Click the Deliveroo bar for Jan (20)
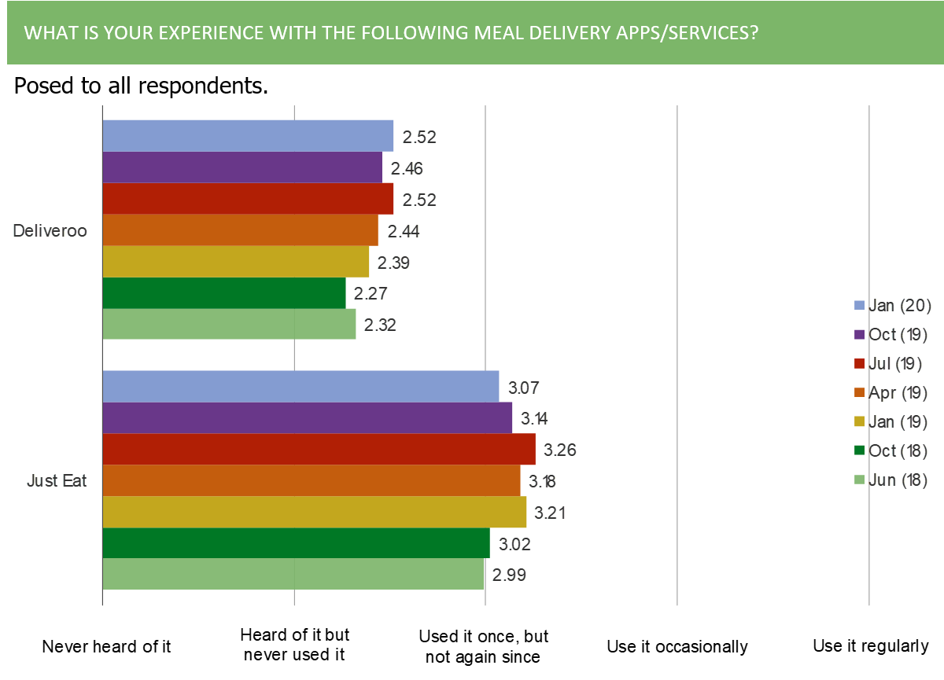pos(248,135)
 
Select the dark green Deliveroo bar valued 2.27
pos(224,293)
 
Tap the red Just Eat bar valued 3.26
pos(319,449)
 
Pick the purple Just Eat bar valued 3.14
pos(307,417)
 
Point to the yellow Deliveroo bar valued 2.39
pos(236,262)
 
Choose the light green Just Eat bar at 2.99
pos(293,574)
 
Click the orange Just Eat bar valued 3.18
pos(311,480)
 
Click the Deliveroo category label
pos(50,231)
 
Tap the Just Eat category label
pos(57,480)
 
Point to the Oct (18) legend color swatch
pos(859,451)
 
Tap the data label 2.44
pos(404,231)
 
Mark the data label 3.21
pos(551,513)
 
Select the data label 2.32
pos(379,325)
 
